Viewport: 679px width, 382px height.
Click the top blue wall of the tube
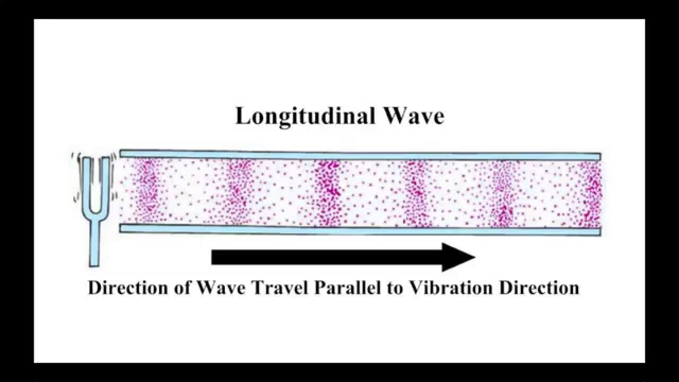(x=361, y=154)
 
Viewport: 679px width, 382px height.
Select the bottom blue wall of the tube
(x=361, y=229)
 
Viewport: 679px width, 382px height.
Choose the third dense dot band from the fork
(x=327, y=192)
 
